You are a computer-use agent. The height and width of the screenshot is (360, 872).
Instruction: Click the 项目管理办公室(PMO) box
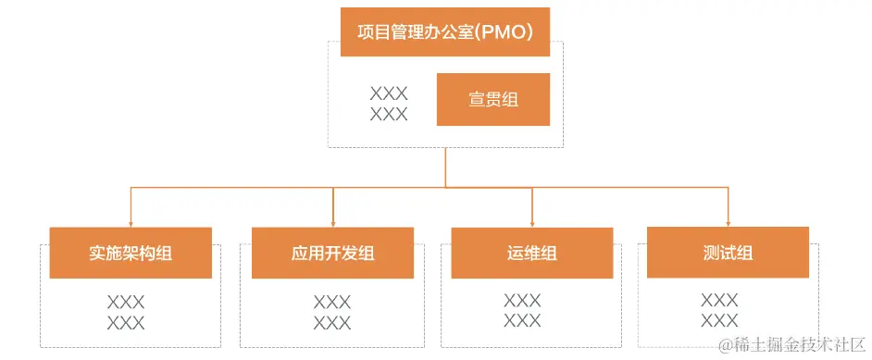pyautogui.click(x=445, y=31)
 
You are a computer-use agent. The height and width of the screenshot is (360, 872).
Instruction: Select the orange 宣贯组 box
pyautogui.click(x=493, y=100)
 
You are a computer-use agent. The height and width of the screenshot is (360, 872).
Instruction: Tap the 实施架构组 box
pyautogui.click(x=131, y=253)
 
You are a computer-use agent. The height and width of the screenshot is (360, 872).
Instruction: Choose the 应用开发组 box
pyautogui.click(x=332, y=253)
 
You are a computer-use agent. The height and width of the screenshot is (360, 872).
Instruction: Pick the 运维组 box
pyautogui.click(x=532, y=253)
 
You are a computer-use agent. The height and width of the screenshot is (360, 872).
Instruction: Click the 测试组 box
pyautogui.click(x=728, y=252)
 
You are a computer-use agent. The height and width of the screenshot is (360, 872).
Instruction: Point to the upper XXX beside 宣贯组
pyautogui.click(x=389, y=93)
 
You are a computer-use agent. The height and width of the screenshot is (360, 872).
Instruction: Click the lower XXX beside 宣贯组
pyautogui.click(x=389, y=115)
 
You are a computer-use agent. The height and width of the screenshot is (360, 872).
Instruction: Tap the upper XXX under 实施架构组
pyautogui.click(x=126, y=302)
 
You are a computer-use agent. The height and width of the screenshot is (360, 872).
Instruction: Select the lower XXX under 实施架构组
pyautogui.click(x=126, y=323)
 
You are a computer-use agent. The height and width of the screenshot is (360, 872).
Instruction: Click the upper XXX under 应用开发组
pyautogui.click(x=332, y=302)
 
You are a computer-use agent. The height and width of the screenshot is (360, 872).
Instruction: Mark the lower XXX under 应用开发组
pyautogui.click(x=332, y=323)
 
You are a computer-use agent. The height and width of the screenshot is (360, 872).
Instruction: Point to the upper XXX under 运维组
pyautogui.click(x=522, y=300)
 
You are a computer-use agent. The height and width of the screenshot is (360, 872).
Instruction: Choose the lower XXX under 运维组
pyautogui.click(x=522, y=321)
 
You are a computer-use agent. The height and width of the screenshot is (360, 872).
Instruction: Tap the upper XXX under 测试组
pyautogui.click(x=719, y=300)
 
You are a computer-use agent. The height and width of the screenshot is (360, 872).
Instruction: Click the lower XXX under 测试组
pyautogui.click(x=719, y=321)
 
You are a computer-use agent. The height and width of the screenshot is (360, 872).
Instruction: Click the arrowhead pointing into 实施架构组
pyautogui.click(x=131, y=223)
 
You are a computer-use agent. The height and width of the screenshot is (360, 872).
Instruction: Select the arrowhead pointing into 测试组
pyautogui.click(x=728, y=222)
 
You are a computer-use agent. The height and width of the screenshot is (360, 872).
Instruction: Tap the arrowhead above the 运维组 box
pyautogui.click(x=532, y=223)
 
